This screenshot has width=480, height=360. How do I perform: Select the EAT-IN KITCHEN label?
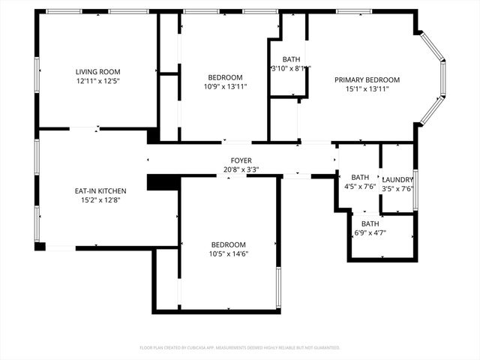click(100, 190)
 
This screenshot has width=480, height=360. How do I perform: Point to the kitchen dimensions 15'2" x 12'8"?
click(100, 199)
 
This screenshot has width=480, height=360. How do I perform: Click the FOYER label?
click(241, 160)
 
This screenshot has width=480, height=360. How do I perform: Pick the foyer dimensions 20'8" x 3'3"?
click(241, 169)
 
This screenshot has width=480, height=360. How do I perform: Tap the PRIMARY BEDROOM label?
click(367, 79)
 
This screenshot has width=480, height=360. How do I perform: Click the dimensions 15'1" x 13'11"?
click(367, 88)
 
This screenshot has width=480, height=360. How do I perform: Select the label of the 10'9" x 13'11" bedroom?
click(225, 77)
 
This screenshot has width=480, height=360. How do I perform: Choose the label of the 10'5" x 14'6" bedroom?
click(228, 244)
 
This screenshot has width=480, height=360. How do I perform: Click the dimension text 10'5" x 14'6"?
click(228, 253)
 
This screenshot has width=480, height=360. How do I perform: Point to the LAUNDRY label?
click(398, 180)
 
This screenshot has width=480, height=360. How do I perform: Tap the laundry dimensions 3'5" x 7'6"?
click(398, 189)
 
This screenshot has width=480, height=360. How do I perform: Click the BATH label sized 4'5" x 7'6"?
click(360, 178)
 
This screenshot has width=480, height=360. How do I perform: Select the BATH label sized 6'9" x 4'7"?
click(370, 223)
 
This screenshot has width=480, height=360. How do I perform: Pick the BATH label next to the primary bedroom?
click(291, 59)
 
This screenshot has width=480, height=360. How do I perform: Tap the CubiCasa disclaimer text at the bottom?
click(240, 347)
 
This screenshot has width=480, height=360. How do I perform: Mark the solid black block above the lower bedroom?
click(162, 182)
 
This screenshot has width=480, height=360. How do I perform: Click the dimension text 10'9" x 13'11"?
click(225, 86)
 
